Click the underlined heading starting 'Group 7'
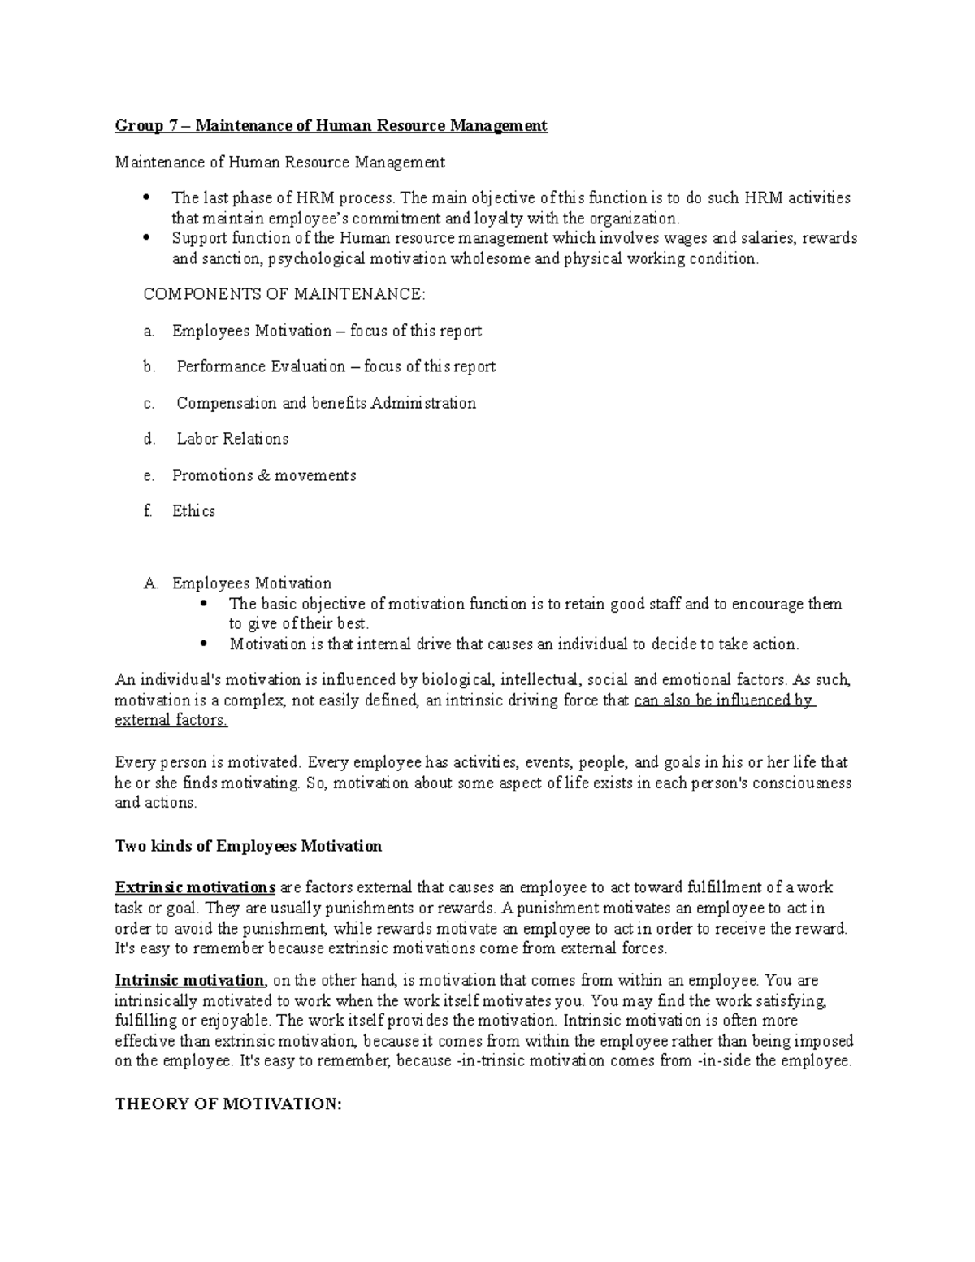[x=331, y=126]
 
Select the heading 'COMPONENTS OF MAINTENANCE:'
[x=284, y=294]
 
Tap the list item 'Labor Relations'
[x=232, y=439]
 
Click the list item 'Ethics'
[x=193, y=511]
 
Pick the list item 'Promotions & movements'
[x=264, y=475]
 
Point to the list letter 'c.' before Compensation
[x=149, y=403]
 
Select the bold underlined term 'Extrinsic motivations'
[x=196, y=887]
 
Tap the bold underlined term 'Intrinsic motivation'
[x=189, y=981]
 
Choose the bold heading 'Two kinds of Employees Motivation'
[x=248, y=846]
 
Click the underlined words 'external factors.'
[x=171, y=720]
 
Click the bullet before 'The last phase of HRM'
[x=147, y=197]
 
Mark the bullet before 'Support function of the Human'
[x=147, y=238]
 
